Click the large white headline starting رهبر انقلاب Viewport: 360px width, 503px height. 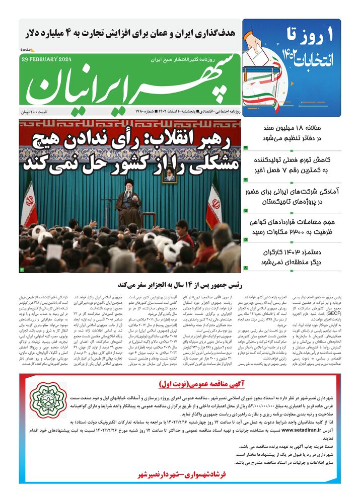click(130, 150)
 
